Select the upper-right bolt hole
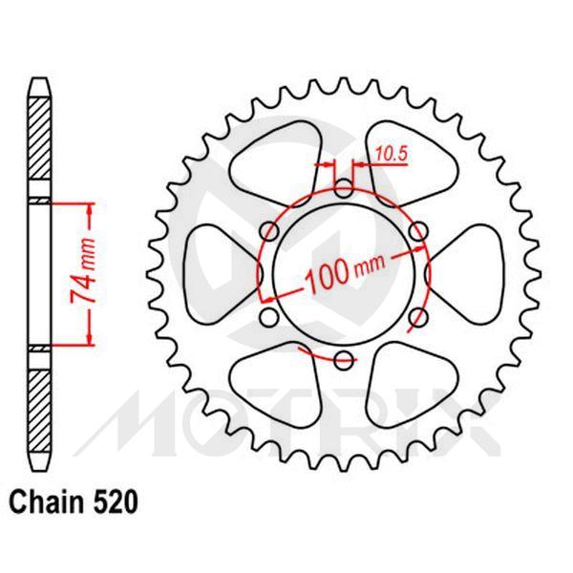[x=418, y=230]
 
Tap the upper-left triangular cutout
[x=279, y=153]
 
